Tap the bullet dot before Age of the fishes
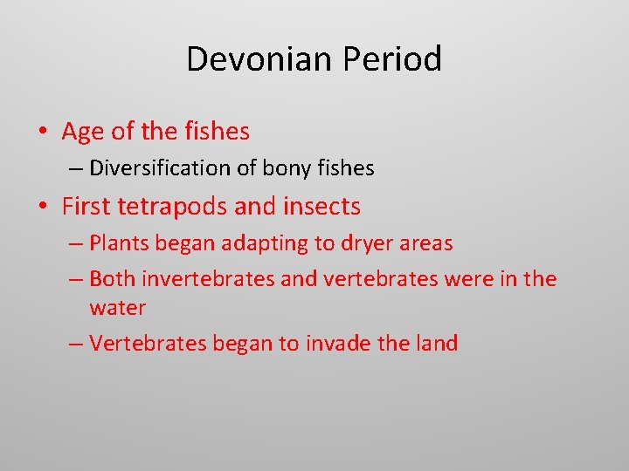click(43, 133)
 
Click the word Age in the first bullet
click(83, 133)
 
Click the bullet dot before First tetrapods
click(43, 208)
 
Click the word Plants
click(117, 243)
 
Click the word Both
click(111, 279)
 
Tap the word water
click(117, 308)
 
